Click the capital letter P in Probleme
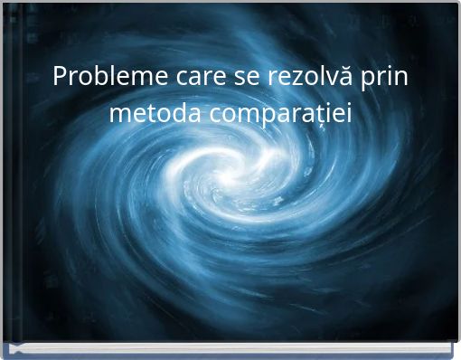click(60, 77)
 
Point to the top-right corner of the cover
click(456, 4)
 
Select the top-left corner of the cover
click(4, 4)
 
